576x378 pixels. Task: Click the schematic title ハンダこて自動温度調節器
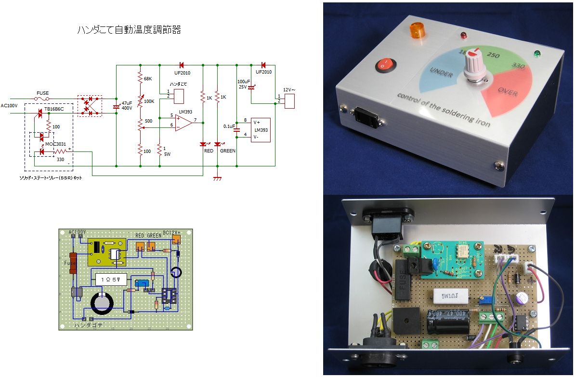(129, 30)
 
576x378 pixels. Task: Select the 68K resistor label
(148, 78)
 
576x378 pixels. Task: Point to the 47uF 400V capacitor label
(127, 106)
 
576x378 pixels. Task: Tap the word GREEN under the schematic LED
(227, 151)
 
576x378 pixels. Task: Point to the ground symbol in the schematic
(217, 178)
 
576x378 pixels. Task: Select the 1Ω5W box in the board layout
(111, 278)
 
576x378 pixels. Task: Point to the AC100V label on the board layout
(78, 232)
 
